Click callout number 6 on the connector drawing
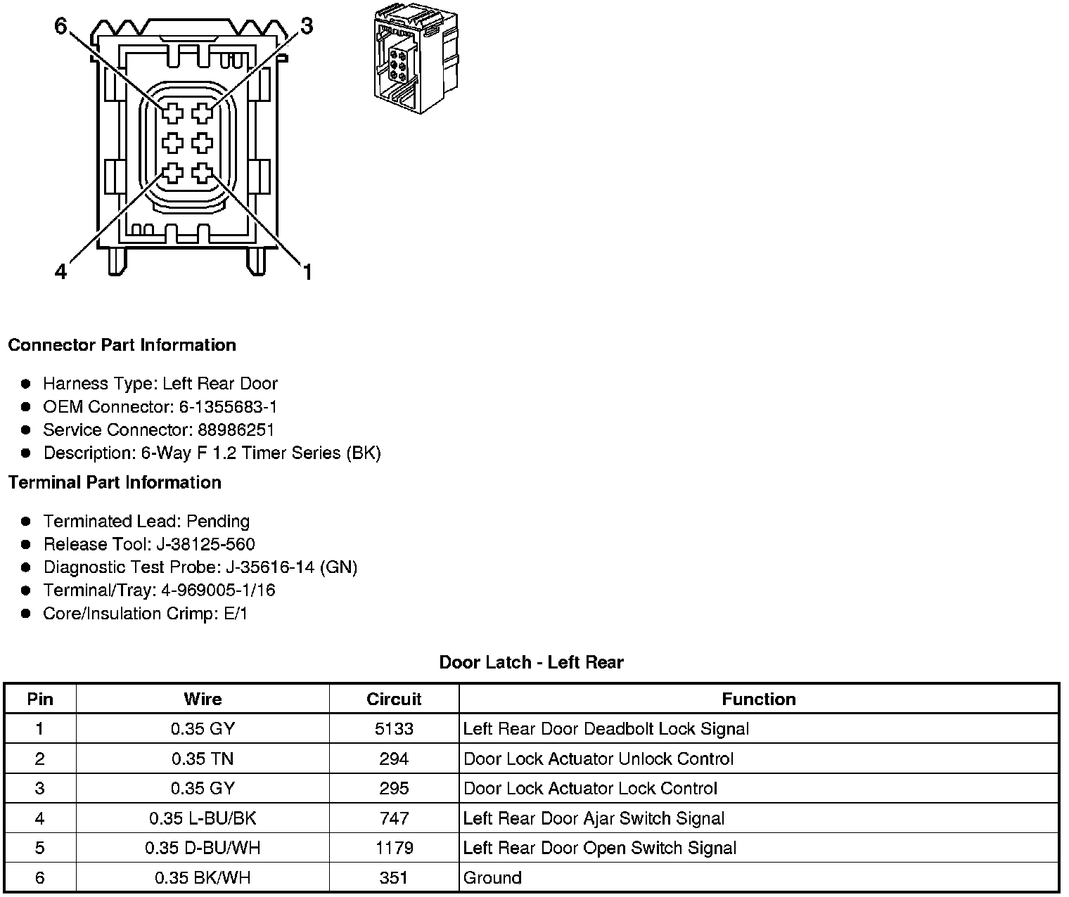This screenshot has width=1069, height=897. click(x=60, y=26)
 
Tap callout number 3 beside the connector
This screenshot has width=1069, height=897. click(x=307, y=26)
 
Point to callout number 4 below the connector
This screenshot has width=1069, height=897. click(x=60, y=271)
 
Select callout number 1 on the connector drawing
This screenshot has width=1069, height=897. click(x=307, y=271)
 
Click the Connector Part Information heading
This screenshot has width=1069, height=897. click(x=122, y=345)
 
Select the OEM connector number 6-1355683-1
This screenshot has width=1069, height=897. click(x=229, y=406)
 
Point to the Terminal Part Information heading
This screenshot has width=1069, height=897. click(x=115, y=482)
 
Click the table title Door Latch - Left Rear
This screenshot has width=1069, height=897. click(x=531, y=662)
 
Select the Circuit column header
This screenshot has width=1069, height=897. click(x=394, y=699)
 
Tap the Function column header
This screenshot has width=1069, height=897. click(x=759, y=699)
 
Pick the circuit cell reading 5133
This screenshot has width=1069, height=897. click(x=394, y=729)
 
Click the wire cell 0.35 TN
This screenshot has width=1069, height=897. click(x=203, y=759)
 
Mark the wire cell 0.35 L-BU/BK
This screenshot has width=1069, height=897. click(x=203, y=818)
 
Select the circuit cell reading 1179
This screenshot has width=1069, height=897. click(x=394, y=848)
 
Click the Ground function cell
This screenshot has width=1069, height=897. click(x=492, y=878)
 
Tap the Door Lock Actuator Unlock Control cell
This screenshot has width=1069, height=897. click(x=598, y=759)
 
